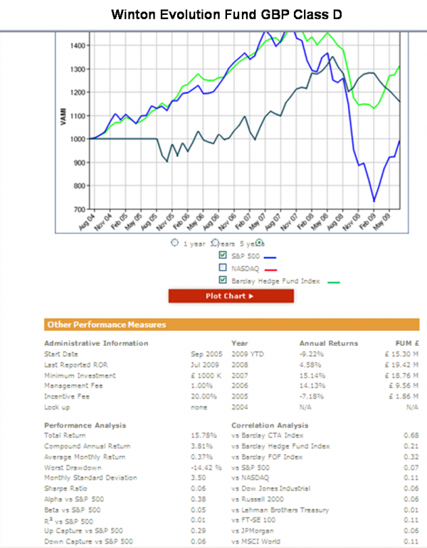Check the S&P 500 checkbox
(x=223, y=255)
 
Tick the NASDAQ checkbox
(x=223, y=268)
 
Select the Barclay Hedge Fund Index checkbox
(x=223, y=280)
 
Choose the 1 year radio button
(x=175, y=243)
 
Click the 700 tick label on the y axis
(x=79, y=209)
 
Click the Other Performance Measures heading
(x=106, y=325)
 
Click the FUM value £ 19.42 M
(x=401, y=364)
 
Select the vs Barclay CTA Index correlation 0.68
(x=411, y=435)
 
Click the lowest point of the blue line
(x=374, y=201)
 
